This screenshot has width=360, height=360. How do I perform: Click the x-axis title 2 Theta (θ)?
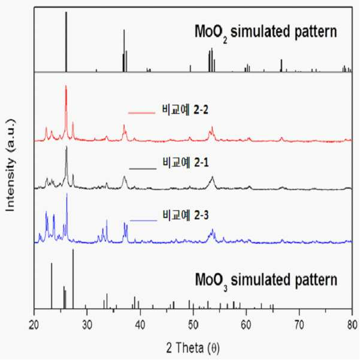(193, 348)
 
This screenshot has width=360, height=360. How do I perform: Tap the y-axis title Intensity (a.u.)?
(11, 165)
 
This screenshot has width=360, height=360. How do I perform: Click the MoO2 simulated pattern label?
(266, 32)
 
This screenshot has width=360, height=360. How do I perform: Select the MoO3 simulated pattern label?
(266, 281)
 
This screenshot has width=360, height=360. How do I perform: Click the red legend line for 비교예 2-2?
(141, 113)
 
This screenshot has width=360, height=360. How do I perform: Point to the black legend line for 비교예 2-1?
(143, 169)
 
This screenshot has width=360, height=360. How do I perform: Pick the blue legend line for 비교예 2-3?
(144, 220)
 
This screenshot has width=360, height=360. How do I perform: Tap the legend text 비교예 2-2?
(185, 110)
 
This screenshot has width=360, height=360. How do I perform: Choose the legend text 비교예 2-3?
(186, 215)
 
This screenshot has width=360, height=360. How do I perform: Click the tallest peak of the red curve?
(66, 86)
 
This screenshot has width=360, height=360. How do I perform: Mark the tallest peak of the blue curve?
(67, 193)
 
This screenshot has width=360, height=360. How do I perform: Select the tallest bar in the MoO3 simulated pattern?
(73, 279)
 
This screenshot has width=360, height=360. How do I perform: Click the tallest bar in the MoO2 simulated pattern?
(66, 42)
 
